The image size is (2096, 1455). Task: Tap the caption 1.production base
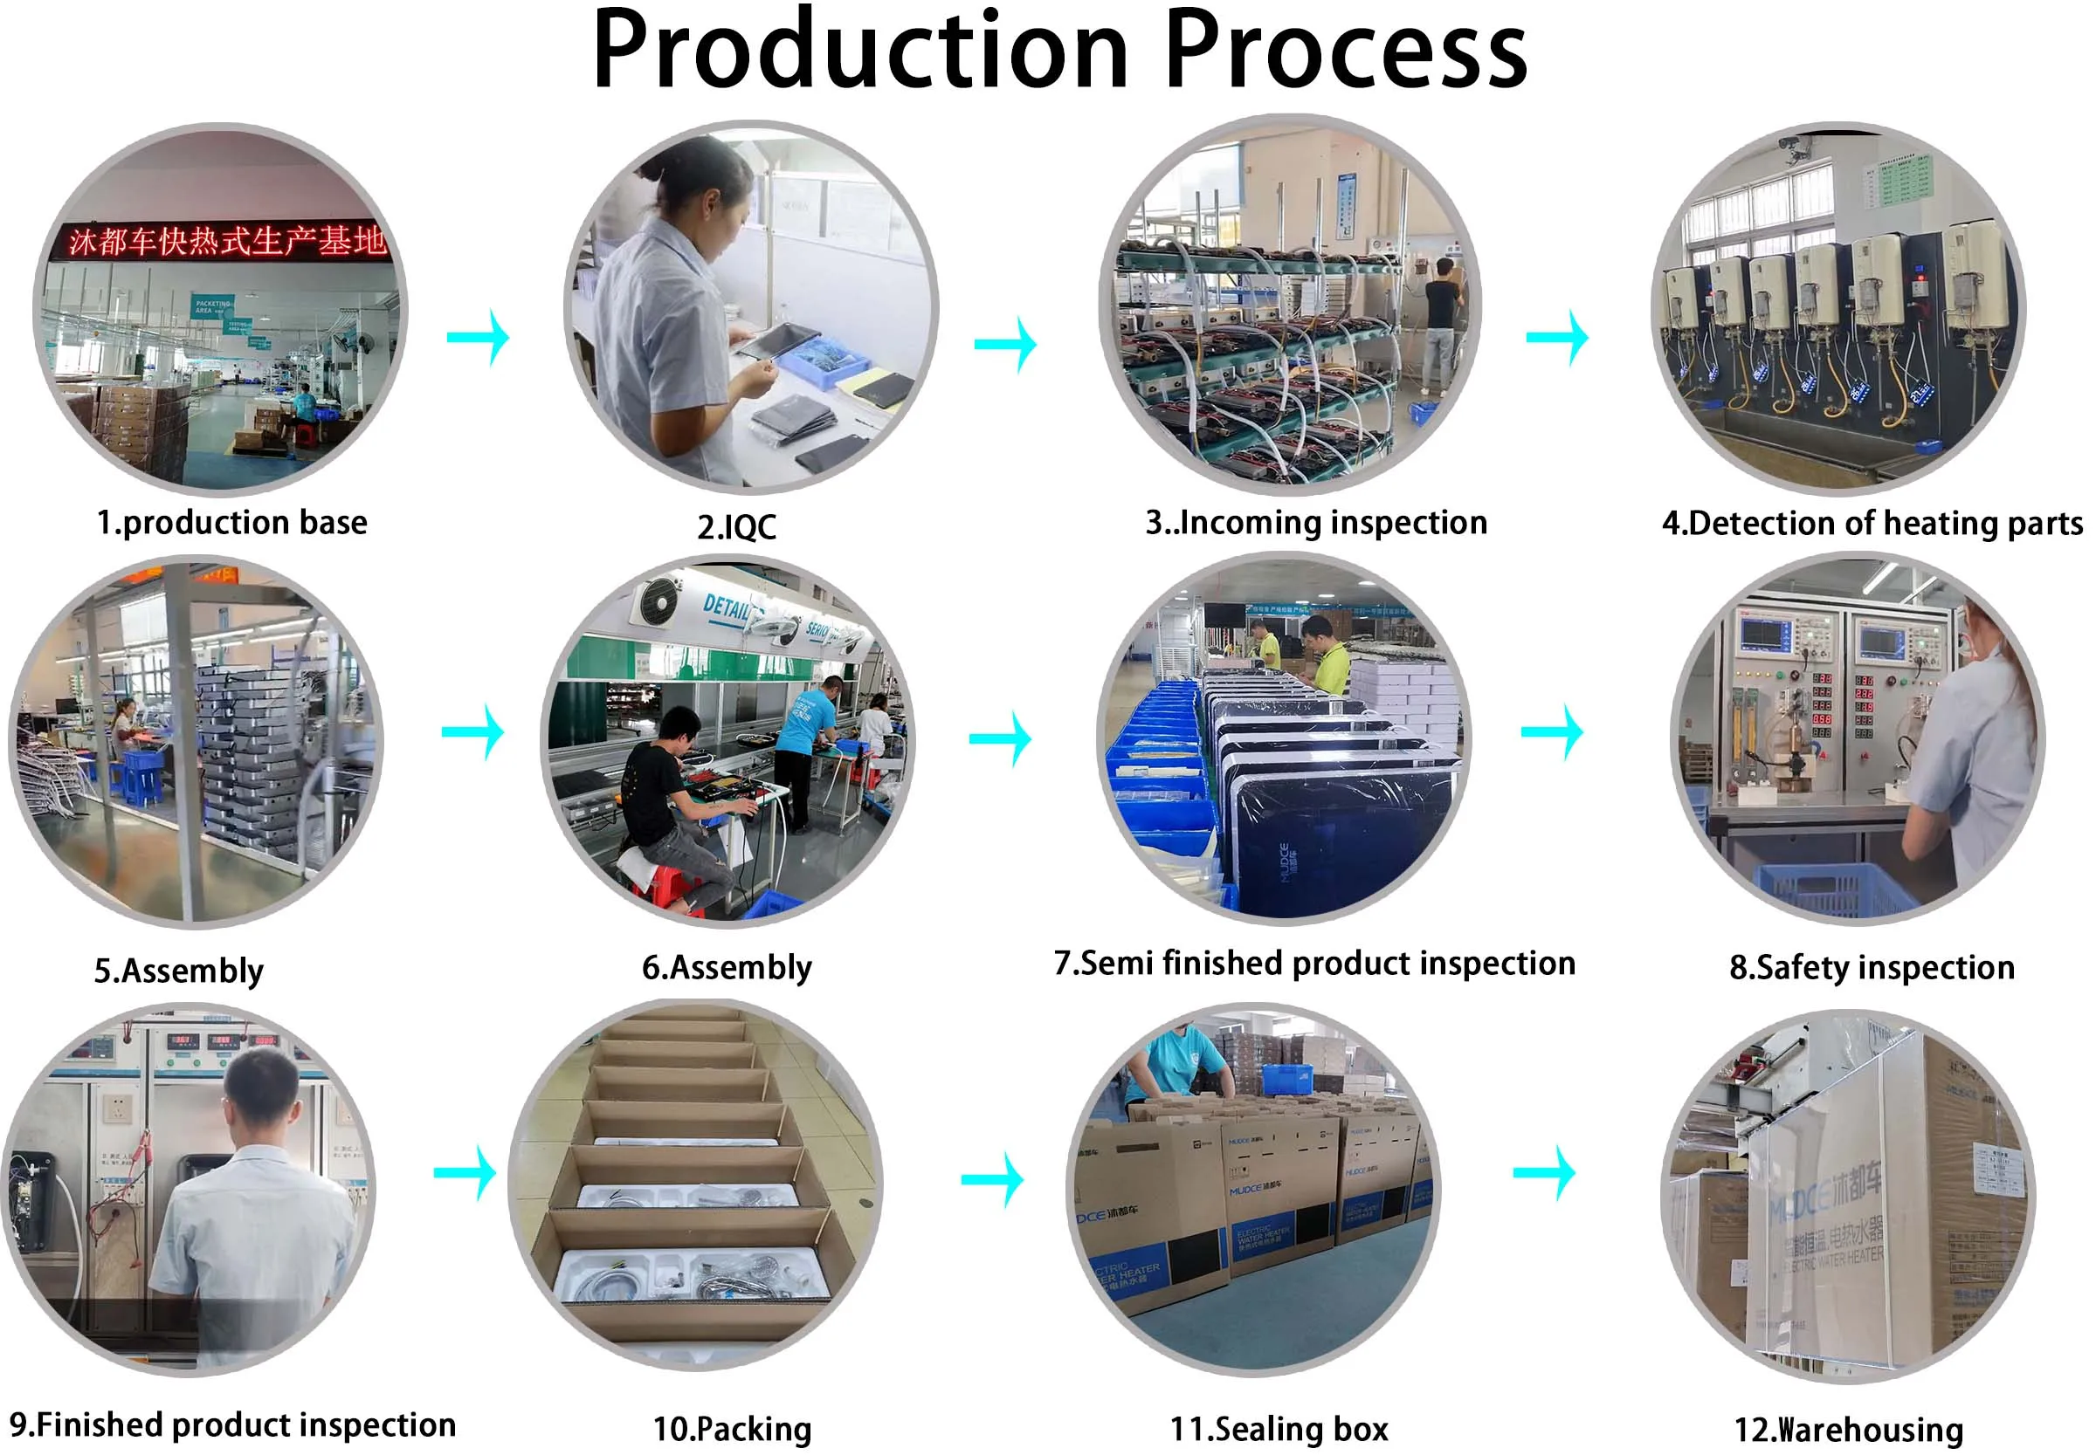click(231, 522)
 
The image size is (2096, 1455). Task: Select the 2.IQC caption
click(736, 527)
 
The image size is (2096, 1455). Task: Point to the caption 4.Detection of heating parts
click(1872, 524)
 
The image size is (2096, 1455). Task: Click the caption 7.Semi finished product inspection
click(1314, 963)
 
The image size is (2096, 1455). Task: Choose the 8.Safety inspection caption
click(1872, 966)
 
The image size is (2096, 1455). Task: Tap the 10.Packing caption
click(732, 1429)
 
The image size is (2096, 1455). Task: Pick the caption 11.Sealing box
click(1279, 1429)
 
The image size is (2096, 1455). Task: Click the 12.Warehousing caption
click(1848, 1430)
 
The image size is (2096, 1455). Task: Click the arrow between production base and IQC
click(478, 337)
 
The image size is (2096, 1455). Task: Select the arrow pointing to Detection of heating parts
click(1557, 337)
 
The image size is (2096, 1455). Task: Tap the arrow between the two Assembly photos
click(472, 731)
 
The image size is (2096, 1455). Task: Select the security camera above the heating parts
click(1793, 146)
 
